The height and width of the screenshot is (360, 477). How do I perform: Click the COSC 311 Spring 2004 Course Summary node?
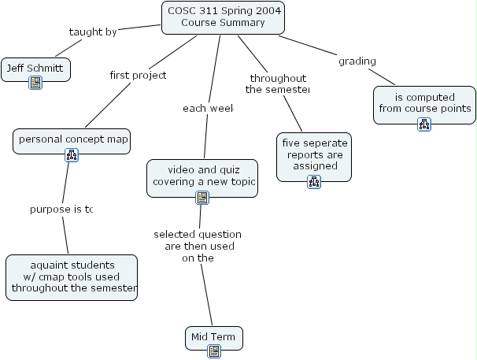coord(223,17)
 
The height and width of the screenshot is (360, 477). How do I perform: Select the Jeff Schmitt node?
coord(35,69)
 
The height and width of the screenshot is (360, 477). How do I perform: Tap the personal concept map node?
coord(72,139)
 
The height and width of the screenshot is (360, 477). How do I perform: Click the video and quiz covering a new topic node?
coord(202,175)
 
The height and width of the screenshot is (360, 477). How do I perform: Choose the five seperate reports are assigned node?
coord(314,155)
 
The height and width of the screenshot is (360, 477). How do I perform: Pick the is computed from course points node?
coord(424,102)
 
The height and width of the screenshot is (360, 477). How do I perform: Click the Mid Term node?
coord(213,337)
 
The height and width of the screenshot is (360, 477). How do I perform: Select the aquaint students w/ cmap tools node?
coord(72,276)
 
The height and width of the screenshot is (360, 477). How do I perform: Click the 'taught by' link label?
coord(93,32)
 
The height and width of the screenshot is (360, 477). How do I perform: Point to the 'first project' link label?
coord(138,76)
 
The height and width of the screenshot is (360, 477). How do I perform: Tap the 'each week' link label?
coord(209,108)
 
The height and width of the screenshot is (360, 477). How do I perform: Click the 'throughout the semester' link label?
coord(278,84)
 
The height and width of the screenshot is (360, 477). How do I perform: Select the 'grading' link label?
coord(357,61)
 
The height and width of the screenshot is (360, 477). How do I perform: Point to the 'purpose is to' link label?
coord(61,210)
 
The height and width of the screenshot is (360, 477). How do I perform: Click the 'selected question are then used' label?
coord(198,246)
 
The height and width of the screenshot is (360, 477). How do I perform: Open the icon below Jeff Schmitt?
coord(35,83)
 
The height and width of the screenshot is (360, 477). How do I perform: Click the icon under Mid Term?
coord(213,351)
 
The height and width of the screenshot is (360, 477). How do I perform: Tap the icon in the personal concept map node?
coord(72,154)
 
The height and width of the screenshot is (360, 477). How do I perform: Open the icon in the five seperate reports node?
coord(314,182)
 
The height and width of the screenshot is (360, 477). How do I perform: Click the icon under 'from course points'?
coord(424,124)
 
